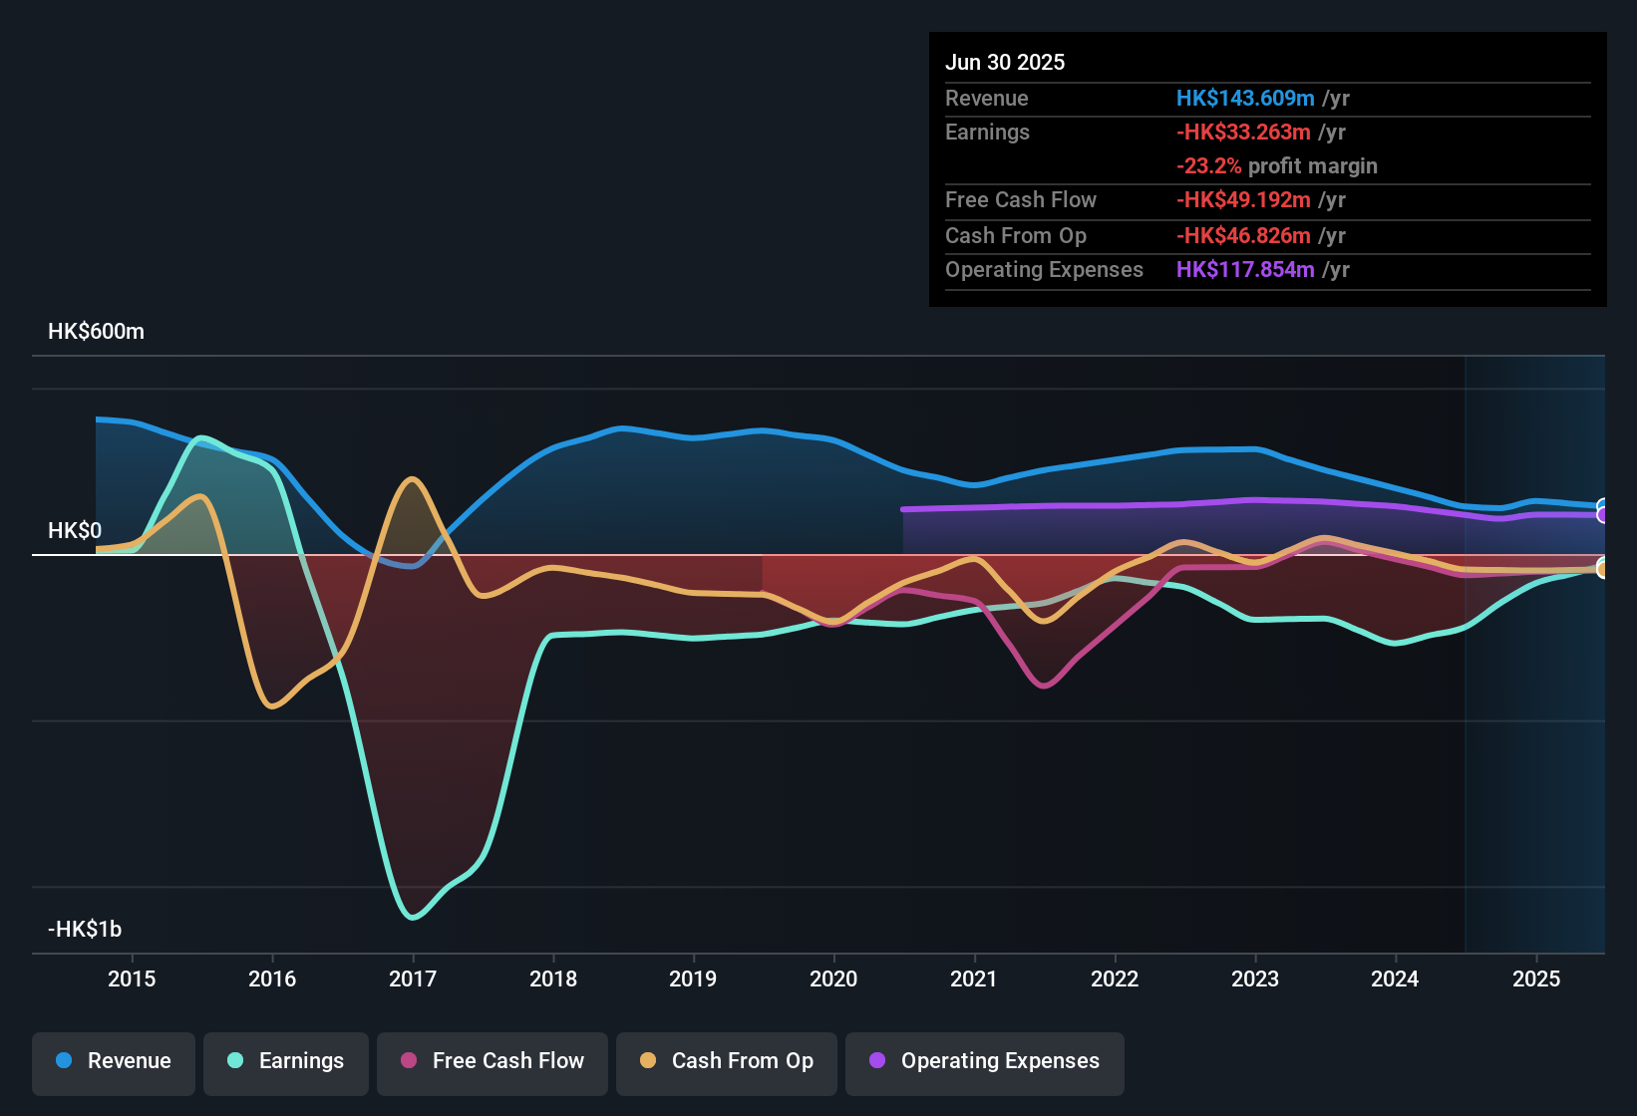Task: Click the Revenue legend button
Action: click(114, 1061)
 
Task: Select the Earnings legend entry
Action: click(286, 1061)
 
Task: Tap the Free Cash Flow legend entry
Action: click(492, 1061)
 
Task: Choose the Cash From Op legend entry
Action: click(727, 1061)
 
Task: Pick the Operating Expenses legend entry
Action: click(985, 1061)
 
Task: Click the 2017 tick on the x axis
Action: click(413, 978)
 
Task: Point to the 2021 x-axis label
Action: click(974, 978)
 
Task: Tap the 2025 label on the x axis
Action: click(1536, 978)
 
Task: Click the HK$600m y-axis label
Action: click(96, 332)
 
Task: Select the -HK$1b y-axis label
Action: click(85, 930)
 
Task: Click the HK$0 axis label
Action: click(75, 531)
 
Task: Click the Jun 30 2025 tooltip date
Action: click(1005, 63)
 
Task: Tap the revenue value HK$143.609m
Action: click(1245, 99)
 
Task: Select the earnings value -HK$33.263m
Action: click(1243, 133)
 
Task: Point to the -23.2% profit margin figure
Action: click(1208, 166)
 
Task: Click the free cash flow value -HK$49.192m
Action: click(1243, 200)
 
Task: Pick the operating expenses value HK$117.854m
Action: click(1245, 270)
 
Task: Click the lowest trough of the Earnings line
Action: click(414, 917)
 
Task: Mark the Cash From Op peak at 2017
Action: click(412, 480)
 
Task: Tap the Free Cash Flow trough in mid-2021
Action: click(1044, 686)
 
